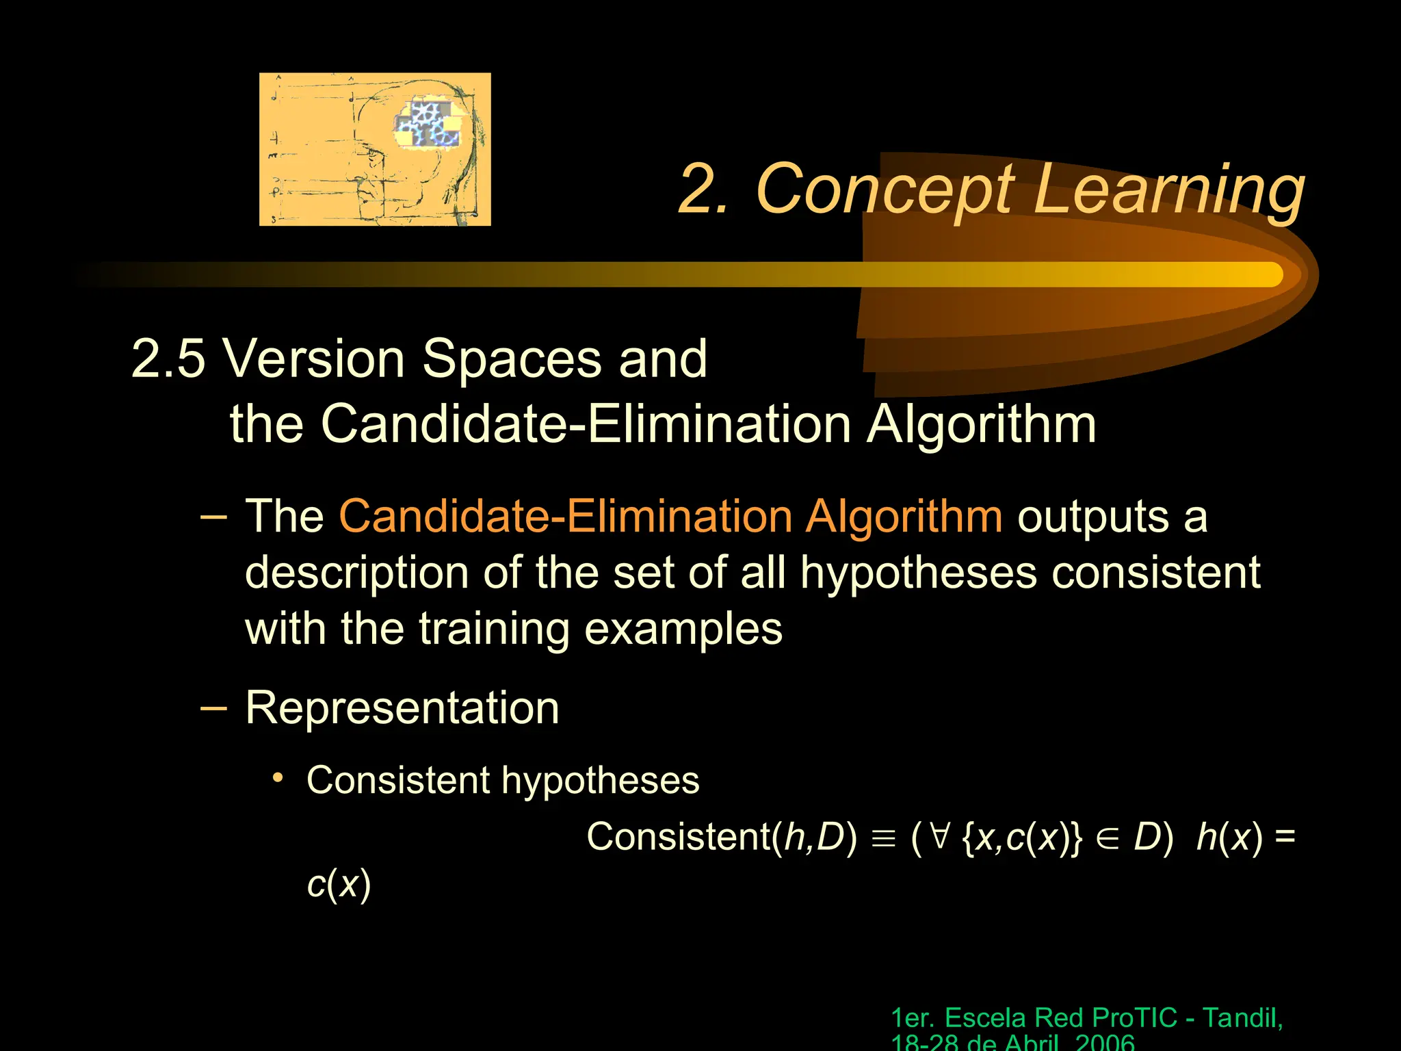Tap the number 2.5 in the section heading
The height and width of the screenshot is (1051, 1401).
[168, 358]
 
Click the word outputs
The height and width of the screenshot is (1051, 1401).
[1092, 517]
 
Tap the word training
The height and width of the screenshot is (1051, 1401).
[493, 629]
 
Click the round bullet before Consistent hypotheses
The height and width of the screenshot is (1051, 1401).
[277, 778]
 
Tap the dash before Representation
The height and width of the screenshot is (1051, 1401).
[213, 707]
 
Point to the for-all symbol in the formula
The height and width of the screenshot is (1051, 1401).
[941, 836]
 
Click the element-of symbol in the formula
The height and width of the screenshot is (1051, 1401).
[1107, 838]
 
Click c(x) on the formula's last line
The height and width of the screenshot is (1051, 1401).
[339, 883]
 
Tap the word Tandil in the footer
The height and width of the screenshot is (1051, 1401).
[1241, 1017]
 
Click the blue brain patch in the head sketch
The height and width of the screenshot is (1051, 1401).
[427, 124]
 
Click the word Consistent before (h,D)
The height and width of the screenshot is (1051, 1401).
[678, 836]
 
